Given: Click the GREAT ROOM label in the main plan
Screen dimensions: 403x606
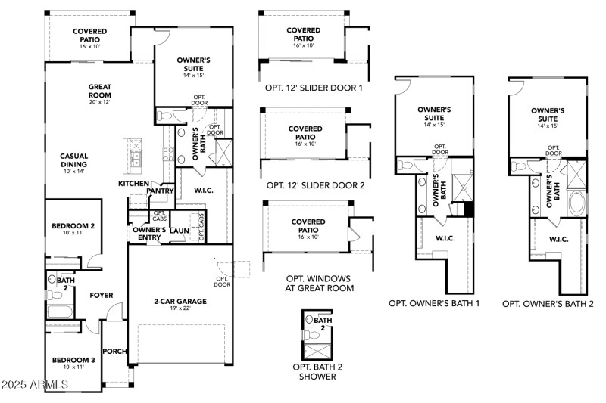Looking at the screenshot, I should click(99, 91).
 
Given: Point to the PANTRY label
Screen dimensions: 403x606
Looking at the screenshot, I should click(161, 191).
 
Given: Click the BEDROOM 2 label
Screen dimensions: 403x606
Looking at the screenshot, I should click(73, 226).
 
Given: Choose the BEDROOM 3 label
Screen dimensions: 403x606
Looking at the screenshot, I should click(73, 361).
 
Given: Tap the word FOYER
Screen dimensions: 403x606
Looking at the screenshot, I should click(102, 295).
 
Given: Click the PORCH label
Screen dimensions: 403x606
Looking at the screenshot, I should click(115, 351).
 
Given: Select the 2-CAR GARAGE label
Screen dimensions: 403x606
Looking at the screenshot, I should click(181, 301).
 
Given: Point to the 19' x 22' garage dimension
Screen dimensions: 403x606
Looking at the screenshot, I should click(181, 309).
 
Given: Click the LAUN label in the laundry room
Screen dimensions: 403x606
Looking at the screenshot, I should click(180, 231).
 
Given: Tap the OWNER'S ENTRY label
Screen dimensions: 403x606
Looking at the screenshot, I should click(149, 234).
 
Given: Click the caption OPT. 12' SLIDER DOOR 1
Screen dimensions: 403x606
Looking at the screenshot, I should click(314, 88).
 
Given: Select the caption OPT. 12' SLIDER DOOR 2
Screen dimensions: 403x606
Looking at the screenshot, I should click(315, 185).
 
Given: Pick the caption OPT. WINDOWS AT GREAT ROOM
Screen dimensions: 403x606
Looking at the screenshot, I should click(319, 283).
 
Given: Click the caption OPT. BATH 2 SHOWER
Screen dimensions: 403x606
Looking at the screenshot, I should click(317, 371).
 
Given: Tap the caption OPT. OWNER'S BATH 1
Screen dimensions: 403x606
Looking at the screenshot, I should click(434, 303).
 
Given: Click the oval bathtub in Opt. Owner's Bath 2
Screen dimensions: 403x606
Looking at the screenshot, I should click(576, 204).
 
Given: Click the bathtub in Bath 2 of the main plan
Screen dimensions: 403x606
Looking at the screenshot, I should click(59, 312).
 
